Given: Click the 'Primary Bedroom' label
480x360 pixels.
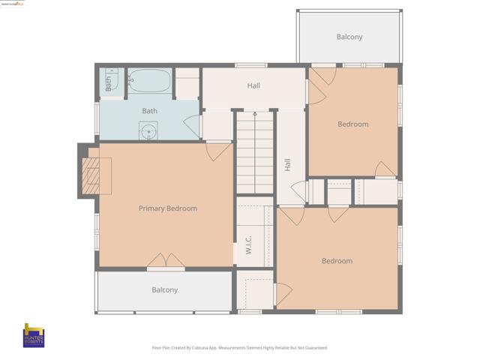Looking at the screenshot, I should pos(167,208).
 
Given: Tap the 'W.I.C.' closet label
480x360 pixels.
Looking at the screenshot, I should pos(247,245).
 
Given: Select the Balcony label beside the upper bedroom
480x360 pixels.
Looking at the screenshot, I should pos(349,37).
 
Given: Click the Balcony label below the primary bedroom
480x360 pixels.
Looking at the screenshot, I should pos(165,289).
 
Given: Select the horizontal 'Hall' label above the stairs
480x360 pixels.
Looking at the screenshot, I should pos(253,85).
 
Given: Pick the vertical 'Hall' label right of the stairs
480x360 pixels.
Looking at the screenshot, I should pos(287,164).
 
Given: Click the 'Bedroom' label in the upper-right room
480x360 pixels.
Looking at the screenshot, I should pos(352,124).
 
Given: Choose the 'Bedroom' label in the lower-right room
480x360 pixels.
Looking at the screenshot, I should pos(337,261).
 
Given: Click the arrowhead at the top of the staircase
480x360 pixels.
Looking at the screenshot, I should pos(255,113).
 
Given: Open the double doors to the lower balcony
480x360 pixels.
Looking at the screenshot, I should pos(166,261).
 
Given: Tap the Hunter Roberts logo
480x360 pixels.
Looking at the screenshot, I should pos(34,335).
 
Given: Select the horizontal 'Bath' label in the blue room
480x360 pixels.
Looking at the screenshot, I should pos(150,111).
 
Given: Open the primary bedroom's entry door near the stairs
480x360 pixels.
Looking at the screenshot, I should pos(219,151).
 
